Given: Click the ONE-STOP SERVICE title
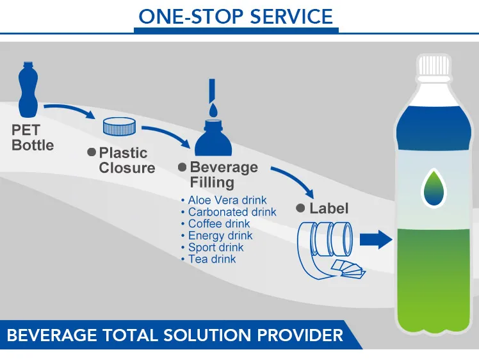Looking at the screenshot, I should click(x=236, y=16).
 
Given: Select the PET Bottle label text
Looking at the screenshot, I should click(x=33, y=138).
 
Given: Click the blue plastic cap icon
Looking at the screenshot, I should click(x=118, y=126).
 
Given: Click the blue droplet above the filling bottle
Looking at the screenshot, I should click(x=213, y=109).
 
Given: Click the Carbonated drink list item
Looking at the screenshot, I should click(x=232, y=212).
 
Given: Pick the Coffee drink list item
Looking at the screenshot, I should click(x=219, y=224).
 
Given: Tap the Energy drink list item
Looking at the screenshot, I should click(x=220, y=236).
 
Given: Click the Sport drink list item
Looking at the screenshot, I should click(x=216, y=248).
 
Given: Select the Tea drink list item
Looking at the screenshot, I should click(x=212, y=259).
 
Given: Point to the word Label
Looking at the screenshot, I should click(x=329, y=208).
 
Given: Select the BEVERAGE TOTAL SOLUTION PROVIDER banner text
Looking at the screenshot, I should click(x=175, y=335).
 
